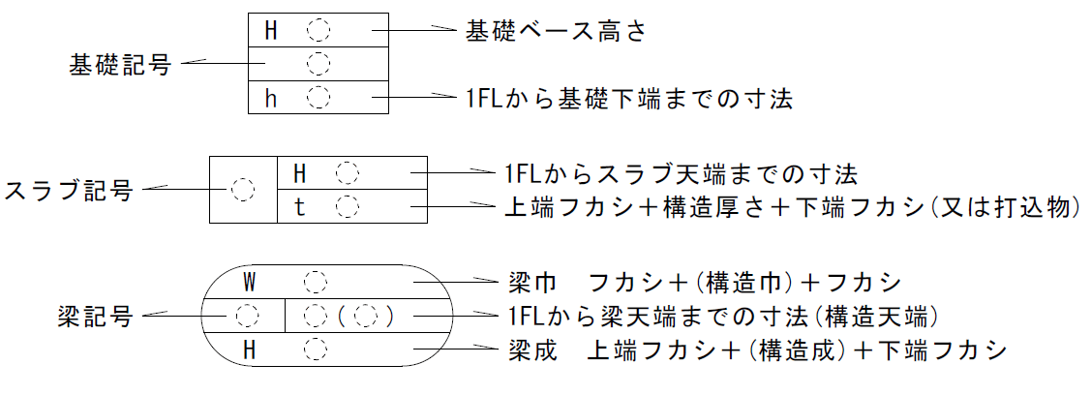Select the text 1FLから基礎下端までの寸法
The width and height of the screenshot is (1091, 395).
pos(628,98)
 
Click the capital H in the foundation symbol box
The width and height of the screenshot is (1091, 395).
pos(272,30)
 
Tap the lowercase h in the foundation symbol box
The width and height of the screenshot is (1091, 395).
pos(272,98)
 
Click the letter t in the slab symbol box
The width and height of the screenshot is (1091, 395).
pos(300,206)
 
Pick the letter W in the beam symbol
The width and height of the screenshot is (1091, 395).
pos(249,283)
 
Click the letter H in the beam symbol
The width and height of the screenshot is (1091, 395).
pos(249,349)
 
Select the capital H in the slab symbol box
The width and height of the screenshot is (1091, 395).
pos(300,173)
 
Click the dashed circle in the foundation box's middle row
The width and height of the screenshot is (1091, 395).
pos(318,64)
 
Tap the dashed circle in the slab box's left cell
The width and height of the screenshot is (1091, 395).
pos(244,189)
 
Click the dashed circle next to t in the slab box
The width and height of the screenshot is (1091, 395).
pos(347,206)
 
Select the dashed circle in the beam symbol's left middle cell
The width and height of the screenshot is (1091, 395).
pos(248,316)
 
